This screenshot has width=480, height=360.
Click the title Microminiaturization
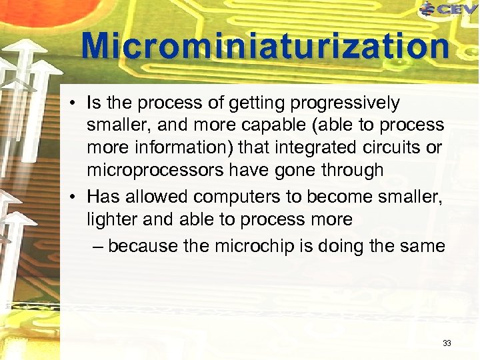click(x=265, y=47)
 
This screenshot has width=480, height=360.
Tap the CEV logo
click(x=449, y=9)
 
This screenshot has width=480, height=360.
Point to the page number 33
click(x=447, y=343)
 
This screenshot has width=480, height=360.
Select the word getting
click(x=254, y=103)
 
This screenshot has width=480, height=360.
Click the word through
click(x=350, y=170)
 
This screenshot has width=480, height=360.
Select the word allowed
click(x=149, y=197)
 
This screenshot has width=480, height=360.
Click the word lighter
click(x=108, y=219)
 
